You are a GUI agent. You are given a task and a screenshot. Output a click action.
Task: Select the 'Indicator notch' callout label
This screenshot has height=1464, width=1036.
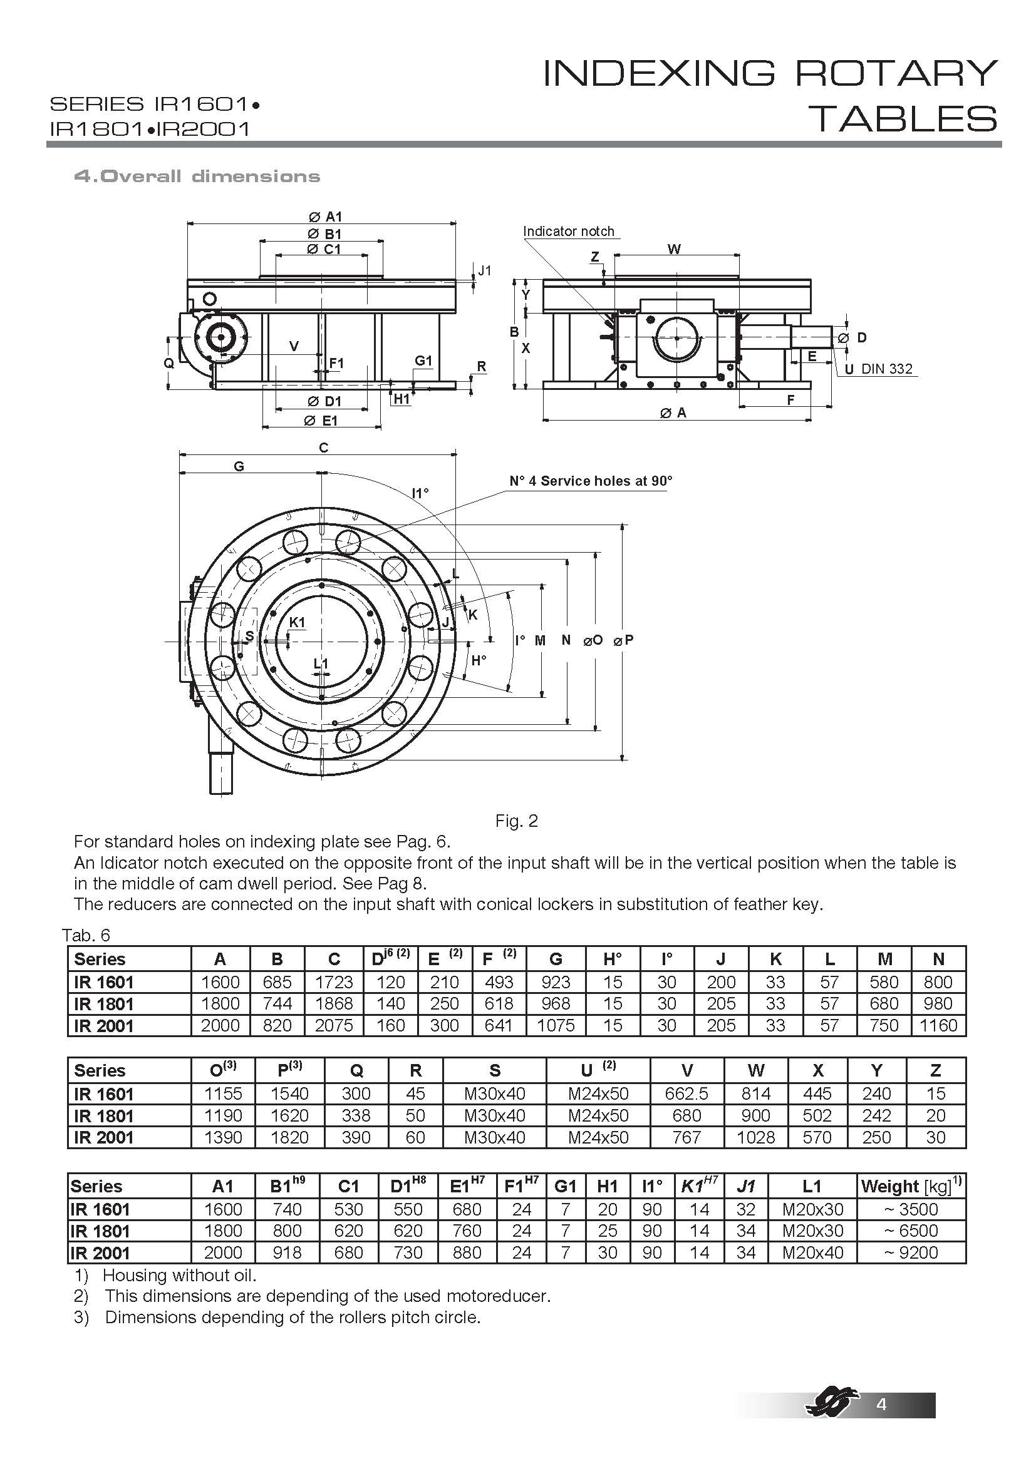click(x=568, y=231)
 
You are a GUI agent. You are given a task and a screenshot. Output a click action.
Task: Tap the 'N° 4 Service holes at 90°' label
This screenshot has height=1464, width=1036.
click(x=591, y=481)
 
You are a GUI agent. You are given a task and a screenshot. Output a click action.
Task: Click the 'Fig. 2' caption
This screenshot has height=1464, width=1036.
click(x=517, y=821)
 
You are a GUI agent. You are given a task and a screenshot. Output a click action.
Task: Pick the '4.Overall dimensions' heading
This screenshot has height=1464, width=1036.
click(x=197, y=176)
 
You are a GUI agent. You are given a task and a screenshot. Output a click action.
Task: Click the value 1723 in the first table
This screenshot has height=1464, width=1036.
click(x=334, y=983)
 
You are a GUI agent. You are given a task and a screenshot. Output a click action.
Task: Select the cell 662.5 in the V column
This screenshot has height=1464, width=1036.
click(x=686, y=1093)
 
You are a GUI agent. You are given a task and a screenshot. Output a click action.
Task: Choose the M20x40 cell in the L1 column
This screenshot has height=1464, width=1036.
click(x=813, y=1252)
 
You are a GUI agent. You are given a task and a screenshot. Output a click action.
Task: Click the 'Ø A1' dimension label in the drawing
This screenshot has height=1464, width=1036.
click(x=325, y=217)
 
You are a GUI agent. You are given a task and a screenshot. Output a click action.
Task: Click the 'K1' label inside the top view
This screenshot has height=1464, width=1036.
click(x=297, y=622)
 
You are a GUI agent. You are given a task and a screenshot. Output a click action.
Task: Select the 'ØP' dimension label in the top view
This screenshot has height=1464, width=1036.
click(x=623, y=640)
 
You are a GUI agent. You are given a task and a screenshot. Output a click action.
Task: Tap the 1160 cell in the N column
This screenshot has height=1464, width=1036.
click(x=938, y=1026)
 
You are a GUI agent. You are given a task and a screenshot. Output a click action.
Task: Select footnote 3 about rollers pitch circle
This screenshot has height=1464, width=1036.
click(x=277, y=1317)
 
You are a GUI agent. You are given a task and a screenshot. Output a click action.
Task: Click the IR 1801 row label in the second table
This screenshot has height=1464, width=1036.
click(x=103, y=1116)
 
